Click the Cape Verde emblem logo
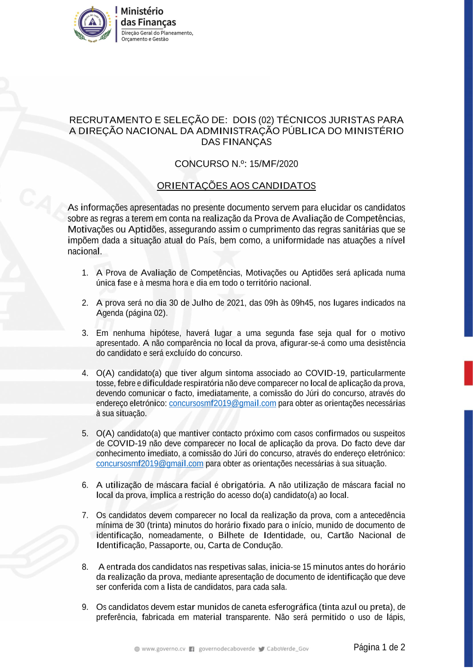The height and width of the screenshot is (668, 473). [x=93, y=24]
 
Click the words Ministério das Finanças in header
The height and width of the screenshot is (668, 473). [x=148, y=17]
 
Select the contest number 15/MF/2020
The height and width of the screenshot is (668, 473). [x=274, y=164]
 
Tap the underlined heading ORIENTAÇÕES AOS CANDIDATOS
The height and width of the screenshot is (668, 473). [x=236, y=186]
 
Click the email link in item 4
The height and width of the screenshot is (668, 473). [x=222, y=403]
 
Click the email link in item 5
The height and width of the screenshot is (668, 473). [x=149, y=464]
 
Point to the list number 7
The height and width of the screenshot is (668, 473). [x=85, y=515]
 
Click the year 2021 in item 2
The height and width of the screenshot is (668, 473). [x=236, y=303]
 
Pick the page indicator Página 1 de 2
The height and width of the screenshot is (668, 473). [x=379, y=647]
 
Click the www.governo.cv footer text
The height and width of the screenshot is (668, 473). [x=163, y=649]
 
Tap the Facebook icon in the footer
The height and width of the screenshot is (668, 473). [x=192, y=649]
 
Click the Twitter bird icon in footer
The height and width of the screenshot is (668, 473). [x=261, y=649]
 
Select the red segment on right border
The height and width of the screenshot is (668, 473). [x=468, y=373]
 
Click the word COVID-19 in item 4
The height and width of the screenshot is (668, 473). [x=325, y=373]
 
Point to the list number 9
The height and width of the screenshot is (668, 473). [x=85, y=607]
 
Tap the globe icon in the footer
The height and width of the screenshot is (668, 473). [x=137, y=649]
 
